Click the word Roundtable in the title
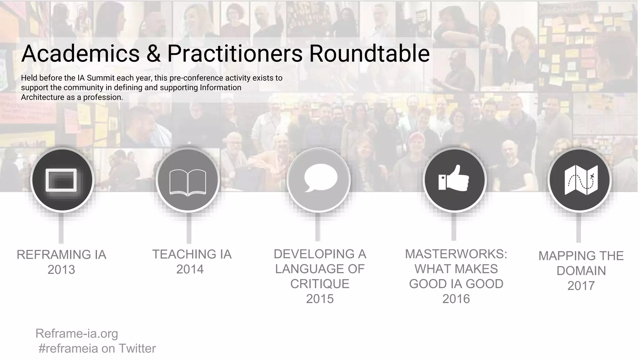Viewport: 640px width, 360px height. (369, 53)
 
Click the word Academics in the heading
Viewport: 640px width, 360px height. (80, 53)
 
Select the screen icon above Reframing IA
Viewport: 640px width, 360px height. (61, 180)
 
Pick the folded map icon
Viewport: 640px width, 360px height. (581, 180)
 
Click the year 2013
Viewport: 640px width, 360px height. (61, 270)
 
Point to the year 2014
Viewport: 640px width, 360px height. (190, 269)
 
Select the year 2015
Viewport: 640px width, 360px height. (320, 299)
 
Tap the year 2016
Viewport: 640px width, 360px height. (456, 299)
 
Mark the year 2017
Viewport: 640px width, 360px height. (581, 286)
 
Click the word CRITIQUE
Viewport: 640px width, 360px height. (320, 284)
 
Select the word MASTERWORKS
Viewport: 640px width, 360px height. (456, 254)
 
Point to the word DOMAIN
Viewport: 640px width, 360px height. (581, 271)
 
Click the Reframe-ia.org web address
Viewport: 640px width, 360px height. (77, 333)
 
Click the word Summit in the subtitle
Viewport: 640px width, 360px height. (101, 78)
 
